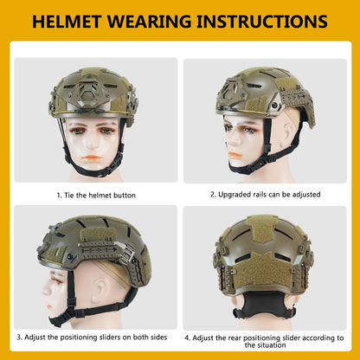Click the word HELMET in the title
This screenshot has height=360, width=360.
[67, 22]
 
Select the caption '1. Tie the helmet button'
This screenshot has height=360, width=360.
[96, 196]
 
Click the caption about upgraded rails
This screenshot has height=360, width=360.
[265, 195]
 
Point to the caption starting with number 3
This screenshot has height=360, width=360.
[92, 337]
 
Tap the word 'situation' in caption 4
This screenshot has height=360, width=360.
[265, 345]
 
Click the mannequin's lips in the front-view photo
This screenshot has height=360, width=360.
[92, 158]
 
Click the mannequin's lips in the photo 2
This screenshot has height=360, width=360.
[235, 155]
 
